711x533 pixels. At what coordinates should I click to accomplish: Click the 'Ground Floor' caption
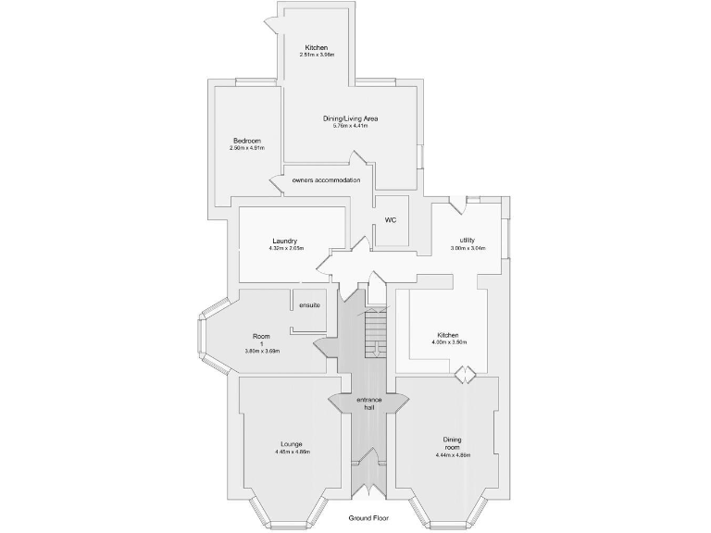point(368,518)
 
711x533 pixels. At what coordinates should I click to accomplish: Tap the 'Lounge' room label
point(293,443)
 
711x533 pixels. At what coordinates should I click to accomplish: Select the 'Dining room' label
point(453,443)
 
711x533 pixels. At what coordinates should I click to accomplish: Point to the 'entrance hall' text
point(370,403)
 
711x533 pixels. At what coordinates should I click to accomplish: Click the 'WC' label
point(391,220)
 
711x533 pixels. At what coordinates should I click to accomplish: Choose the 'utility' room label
point(467,240)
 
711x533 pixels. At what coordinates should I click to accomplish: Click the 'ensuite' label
point(309,305)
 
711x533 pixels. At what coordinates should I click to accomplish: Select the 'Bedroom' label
point(247,140)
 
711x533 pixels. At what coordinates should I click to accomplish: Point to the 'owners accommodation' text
point(325,180)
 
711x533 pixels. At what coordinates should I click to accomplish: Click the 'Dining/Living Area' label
point(350,118)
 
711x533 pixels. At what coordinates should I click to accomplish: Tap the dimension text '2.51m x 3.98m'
point(318,56)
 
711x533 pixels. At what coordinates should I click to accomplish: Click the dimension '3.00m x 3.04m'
point(468,248)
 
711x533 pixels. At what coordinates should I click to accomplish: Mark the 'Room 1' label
point(261,339)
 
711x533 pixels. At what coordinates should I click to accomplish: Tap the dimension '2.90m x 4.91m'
point(247,148)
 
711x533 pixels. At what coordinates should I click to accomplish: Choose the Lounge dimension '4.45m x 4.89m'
point(293,452)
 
